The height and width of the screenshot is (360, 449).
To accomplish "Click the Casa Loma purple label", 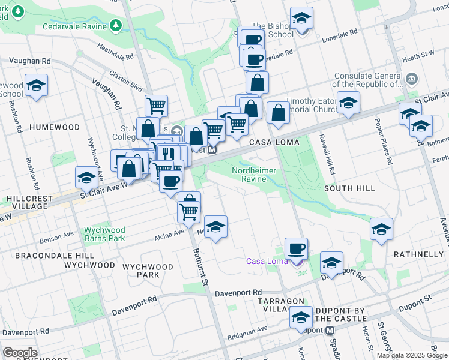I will pyautogui.click(x=267, y=261).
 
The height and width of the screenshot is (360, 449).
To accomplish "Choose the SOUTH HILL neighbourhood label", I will pyautogui.click(x=349, y=188).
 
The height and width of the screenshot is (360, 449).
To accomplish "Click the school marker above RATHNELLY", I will pyautogui.click(x=381, y=228).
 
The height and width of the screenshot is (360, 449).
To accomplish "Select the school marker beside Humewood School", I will pyautogui.click(x=36, y=85).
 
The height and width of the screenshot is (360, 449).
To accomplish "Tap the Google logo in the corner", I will pyautogui.click(x=20, y=353).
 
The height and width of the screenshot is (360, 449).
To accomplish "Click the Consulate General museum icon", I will pyautogui.click(x=412, y=78).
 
